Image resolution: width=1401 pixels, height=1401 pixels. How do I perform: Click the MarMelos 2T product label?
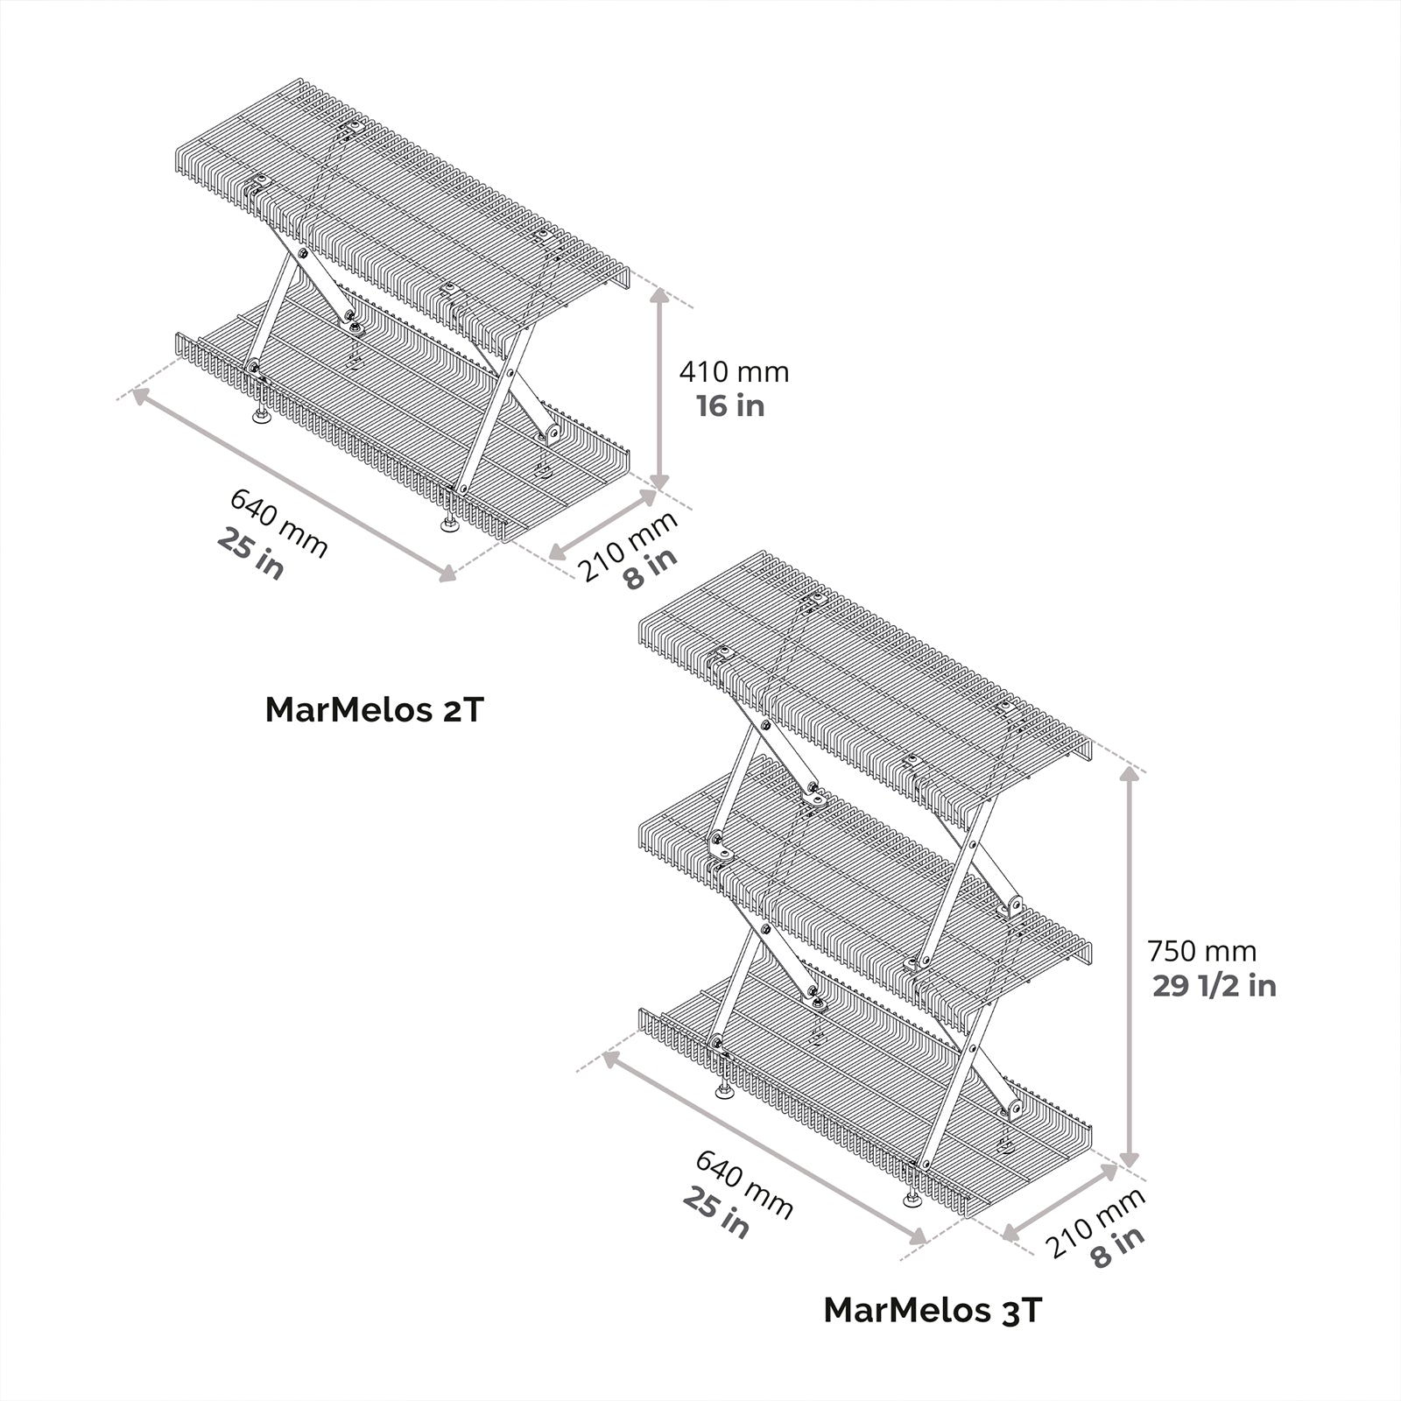(x=374, y=709)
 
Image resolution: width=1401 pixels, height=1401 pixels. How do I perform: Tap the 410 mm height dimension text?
(x=734, y=372)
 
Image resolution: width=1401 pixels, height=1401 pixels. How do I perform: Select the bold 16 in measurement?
(x=730, y=406)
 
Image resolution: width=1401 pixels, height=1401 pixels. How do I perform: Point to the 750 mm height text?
(x=1201, y=951)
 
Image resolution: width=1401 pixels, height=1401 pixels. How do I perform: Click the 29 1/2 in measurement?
(x=1214, y=986)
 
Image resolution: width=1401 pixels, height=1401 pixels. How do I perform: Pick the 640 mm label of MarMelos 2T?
(x=279, y=524)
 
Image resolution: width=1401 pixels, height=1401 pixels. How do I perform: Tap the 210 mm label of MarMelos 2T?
(x=627, y=545)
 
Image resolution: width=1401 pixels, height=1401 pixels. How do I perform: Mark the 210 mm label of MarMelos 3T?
(x=1095, y=1222)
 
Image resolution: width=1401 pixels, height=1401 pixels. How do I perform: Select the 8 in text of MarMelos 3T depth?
(x=1117, y=1249)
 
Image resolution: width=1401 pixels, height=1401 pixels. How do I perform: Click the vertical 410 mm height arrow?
(x=660, y=390)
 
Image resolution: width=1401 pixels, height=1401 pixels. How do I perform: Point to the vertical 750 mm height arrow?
(x=1130, y=967)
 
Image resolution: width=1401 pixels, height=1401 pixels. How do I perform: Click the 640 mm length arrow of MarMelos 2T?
(x=294, y=484)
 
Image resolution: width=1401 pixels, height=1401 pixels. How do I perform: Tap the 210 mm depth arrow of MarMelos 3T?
(x=1060, y=1202)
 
